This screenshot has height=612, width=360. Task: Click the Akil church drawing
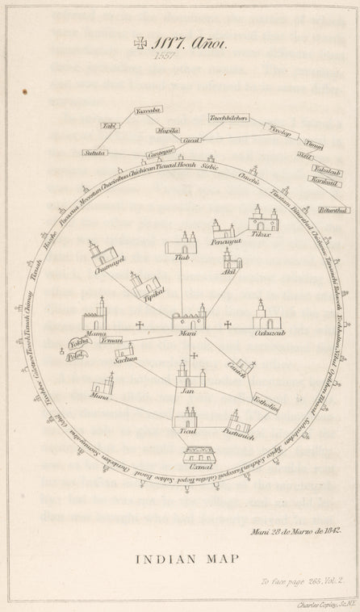tap(231, 259)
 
